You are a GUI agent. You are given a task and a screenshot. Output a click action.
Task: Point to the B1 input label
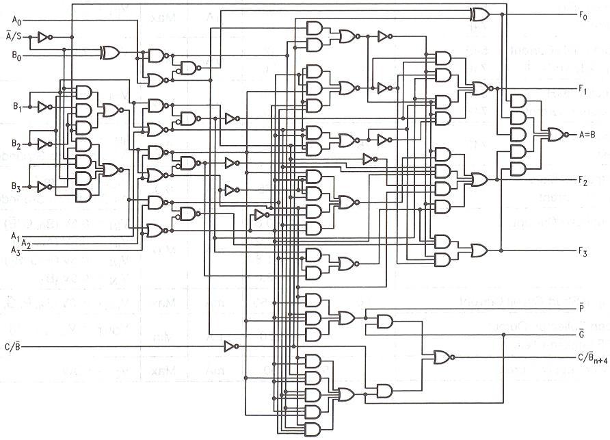coord(16,107)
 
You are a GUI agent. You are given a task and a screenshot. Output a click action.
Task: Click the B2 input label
coord(16,145)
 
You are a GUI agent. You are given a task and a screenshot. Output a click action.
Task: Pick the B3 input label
coord(16,186)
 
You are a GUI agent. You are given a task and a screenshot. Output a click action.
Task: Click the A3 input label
coord(16,251)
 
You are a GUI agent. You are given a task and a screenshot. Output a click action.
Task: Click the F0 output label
coord(583,14)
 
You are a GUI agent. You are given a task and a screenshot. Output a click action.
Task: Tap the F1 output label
coord(583,88)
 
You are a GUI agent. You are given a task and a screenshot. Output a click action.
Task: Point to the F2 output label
coord(583,181)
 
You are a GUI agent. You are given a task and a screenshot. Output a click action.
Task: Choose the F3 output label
coord(583,251)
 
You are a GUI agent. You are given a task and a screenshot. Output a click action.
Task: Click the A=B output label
coord(587,134)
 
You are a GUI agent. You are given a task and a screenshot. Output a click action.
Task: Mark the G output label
coord(581,334)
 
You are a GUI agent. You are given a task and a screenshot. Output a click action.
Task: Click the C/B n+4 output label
coord(591,358)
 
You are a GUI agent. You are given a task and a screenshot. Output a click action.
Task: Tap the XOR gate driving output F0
coord(479,14)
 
